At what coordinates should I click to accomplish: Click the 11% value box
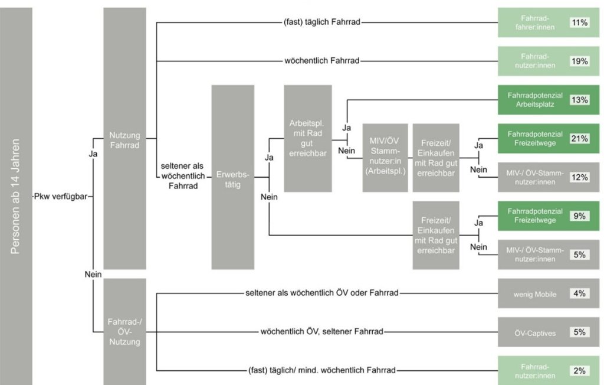(579, 22)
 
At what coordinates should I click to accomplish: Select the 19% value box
(579, 61)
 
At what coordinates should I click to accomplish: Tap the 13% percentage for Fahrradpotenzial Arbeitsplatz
(579, 100)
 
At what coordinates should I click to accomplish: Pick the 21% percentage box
(579, 138)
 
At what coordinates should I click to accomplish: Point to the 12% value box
(579, 177)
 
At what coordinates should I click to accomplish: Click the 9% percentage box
(579, 216)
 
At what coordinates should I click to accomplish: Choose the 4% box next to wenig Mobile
(579, 293)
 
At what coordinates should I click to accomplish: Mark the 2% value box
(579, 371)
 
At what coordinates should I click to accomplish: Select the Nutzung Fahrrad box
(124, 138)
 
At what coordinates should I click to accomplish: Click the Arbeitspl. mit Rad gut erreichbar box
(307, 138)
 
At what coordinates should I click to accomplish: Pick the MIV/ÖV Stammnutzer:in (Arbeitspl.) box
(385, 158)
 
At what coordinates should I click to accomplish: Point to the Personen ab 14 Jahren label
(16, 195)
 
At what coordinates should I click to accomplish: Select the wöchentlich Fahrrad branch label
(322, 61)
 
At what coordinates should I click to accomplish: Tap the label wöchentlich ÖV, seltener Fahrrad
(322, 332)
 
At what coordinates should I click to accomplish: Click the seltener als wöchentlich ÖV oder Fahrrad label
(322, 293)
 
